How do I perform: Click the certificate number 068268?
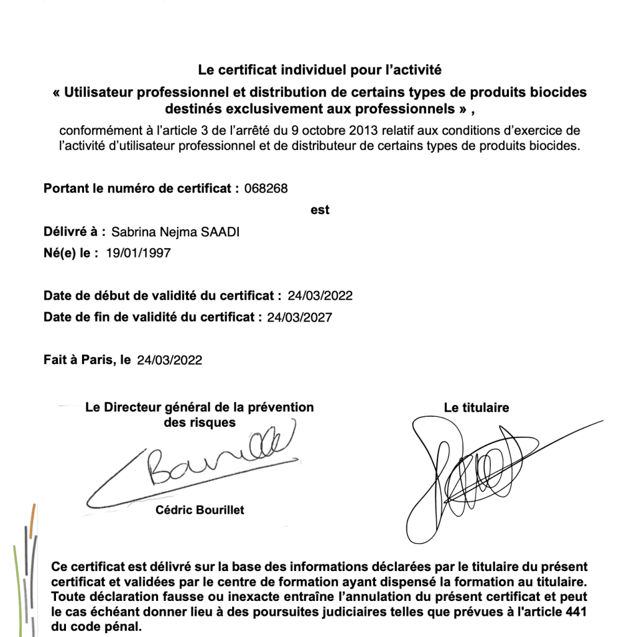click(266, 188)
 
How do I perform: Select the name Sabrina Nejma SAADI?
click(175, 232)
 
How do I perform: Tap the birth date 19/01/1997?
click(138, 253)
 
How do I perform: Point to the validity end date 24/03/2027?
click(299, 317)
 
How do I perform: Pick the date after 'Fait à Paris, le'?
click(170, 360)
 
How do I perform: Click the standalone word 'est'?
click(320, 210)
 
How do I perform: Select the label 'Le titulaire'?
click(477, 408)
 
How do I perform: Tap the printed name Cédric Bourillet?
click(200, 510)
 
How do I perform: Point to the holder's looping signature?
click(473, 473)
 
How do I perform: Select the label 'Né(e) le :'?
click(71, 253)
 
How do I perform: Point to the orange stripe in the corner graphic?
click(32, 514)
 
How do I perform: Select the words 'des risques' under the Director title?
click(195, 422)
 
